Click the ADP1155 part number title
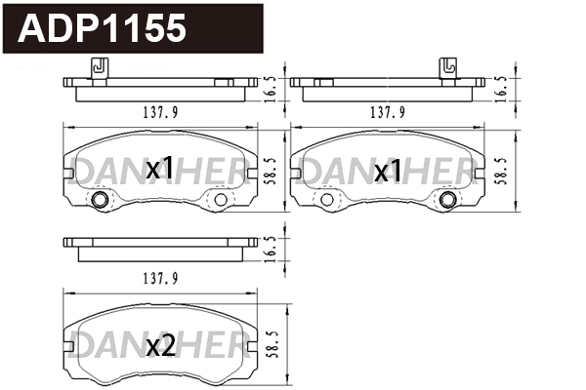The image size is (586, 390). pos(103,29)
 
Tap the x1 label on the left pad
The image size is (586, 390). pos(159,171)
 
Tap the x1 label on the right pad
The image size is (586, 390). pos(389,172)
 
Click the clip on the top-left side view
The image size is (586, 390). pos(97,68)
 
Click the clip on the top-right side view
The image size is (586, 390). pos(448,68)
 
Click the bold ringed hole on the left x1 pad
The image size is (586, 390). pos(100,201)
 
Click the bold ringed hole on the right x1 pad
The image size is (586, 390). pos(448,201)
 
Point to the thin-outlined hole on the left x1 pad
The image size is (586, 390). pos(220,201)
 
